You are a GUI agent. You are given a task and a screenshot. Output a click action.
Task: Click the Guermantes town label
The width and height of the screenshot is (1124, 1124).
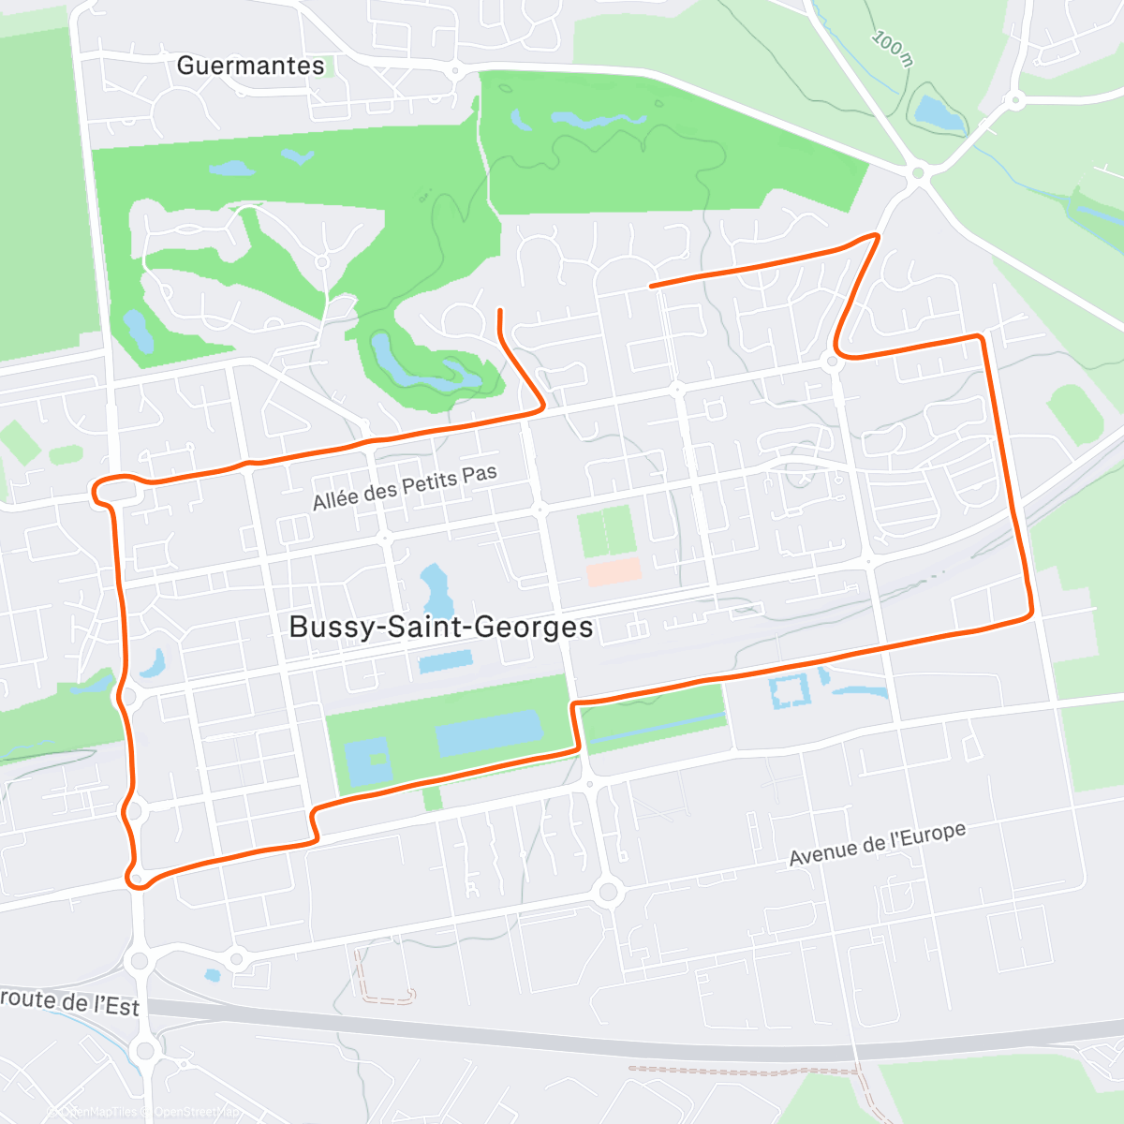[x=250, y=66]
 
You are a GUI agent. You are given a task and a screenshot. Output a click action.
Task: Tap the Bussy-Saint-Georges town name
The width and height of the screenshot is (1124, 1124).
[x=441, y=627]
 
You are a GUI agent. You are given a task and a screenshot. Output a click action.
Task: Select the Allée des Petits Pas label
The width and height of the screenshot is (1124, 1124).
[x=405, y=488]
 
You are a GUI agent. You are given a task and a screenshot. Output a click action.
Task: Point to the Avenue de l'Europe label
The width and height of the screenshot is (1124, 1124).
[x=877, y=845]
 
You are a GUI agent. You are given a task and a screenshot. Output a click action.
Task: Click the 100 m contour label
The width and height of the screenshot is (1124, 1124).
[x=892, y=48]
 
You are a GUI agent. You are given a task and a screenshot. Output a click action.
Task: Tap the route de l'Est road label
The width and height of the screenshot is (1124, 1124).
[x=70, y=1001]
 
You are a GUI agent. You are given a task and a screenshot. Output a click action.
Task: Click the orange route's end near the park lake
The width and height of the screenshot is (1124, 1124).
[x=500, y=311]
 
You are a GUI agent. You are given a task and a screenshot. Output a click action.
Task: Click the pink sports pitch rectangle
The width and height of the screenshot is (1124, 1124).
[x=614, y=571]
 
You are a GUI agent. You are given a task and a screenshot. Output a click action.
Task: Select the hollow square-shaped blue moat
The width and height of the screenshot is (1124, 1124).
[x=790, y=690]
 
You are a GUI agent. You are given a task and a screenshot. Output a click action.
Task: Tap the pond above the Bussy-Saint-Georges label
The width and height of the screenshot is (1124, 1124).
[x=435, y=587]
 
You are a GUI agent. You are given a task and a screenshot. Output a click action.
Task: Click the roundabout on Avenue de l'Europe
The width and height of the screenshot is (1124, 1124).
[x=608, y=891]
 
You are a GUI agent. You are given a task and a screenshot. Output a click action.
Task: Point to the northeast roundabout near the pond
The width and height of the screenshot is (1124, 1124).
[x=918, y=172]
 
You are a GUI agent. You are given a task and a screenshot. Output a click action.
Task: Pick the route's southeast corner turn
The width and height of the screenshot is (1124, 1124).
[x=1029, y=614]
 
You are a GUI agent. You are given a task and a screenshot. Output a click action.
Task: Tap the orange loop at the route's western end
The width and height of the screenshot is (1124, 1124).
[x=105, y=490]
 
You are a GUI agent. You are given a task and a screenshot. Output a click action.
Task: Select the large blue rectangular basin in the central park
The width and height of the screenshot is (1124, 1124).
[x=489, y=732]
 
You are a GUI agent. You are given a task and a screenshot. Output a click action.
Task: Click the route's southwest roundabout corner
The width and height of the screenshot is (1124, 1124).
[x=137, y=879]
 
